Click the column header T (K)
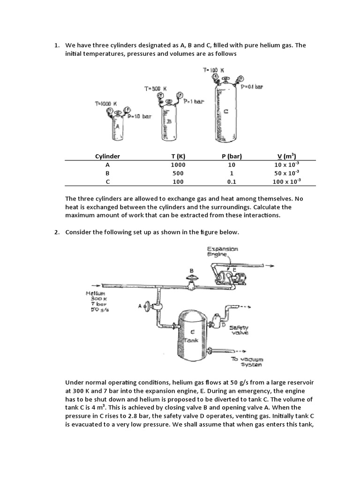click(179, 157)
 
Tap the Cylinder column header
click(108, 157)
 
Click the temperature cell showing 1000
click(179, 165)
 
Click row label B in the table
click(108, 173)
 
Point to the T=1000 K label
click(105, 104)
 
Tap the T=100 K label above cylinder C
click(214, 70)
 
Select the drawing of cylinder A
click(117, 128)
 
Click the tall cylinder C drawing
click(226, 112)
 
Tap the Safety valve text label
click(239, 330)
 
